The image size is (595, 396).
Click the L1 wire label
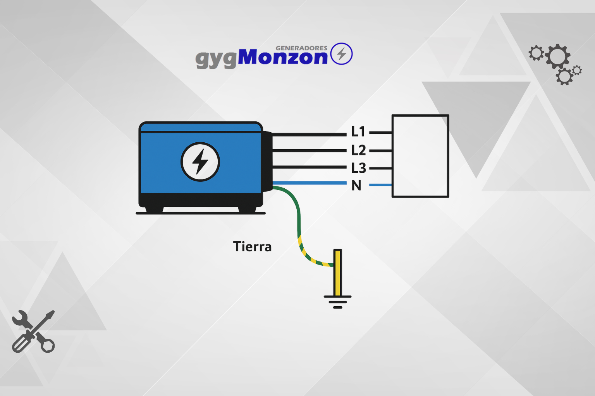[x=358, y=131]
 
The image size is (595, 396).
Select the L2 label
[x=359, y=150]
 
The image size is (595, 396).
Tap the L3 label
[x=359, y=168]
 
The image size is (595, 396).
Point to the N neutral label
[x=356, y=185]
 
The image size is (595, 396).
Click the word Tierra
[x=252, y=247]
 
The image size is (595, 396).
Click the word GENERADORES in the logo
[x=301, y=48]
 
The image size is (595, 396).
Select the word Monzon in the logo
[x=283, y=57]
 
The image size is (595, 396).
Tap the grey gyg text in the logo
[x=216, y=60]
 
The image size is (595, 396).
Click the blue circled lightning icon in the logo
[x=341, y=54]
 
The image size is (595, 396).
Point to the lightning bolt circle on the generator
[x=200, y=162]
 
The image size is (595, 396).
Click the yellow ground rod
[x=338, y=272]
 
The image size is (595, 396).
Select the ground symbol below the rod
[x=338, y=302]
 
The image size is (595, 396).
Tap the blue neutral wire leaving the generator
[x=310, y=183]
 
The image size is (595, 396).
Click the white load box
[x=420, y=156]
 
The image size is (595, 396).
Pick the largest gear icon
[x=558, y=56]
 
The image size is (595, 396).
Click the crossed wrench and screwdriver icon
[x=33, y=331]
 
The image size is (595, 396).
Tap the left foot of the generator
[x=154, y=210]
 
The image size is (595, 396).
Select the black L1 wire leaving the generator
[x=310, y=135]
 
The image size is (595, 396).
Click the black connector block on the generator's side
[x=268, y=161]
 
